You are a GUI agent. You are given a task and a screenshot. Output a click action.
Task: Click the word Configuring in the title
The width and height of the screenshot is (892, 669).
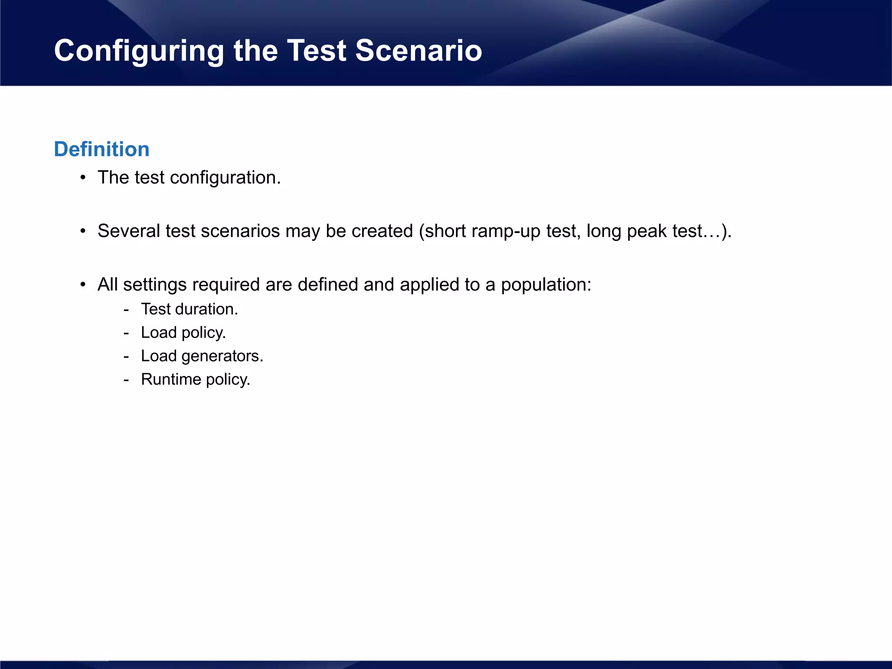(x=139, y=51)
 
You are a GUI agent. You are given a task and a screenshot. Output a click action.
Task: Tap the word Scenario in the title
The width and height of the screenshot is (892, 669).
(x=419, y=51)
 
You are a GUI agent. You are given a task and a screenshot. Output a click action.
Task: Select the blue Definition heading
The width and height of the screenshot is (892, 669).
(x=101, y=149)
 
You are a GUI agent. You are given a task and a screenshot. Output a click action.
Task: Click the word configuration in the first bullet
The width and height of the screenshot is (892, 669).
(x=225, y=178)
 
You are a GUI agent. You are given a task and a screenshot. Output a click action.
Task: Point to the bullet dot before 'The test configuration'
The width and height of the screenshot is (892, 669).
(x=83, y=178)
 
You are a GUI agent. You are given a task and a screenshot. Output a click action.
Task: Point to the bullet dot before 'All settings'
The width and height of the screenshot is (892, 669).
(x=83, y=285)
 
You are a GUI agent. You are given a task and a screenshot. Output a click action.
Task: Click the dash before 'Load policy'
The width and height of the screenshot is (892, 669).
(x=126, y=333)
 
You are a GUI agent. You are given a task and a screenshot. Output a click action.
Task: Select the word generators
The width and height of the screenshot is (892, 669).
(x=222, y=357)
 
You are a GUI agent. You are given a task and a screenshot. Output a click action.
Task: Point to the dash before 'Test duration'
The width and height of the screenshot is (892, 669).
(x=126, y=310)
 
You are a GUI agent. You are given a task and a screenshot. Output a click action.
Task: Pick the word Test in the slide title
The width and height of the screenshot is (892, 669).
(x=317, y=51)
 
